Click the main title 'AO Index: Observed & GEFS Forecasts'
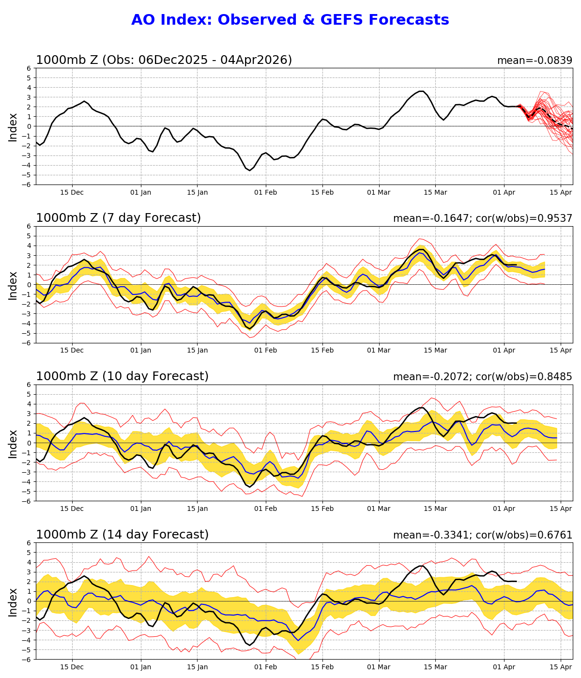(x=290, y=20)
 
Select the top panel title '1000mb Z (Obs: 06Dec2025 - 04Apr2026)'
(x=164, y=60)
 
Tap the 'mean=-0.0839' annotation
(x=535, y=61)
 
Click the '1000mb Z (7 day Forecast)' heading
(x=118, y=218)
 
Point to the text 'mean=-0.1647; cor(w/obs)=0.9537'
(x=483, y=218)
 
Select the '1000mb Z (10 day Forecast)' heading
(x=122, y=376)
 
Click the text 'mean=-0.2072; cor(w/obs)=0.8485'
(x=483, y=377)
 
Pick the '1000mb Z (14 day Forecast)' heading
(x=122, y=535)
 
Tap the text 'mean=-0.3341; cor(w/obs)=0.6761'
(x=483, y=535)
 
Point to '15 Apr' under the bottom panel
(x=561, y=667)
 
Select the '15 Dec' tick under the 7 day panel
(x=72, y=351)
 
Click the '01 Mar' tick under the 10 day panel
(x=379, y=509)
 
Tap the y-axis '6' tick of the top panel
(x=29, y=68)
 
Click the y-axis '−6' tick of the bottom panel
(x=27, y=660)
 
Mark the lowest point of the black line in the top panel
(x=250, y=170)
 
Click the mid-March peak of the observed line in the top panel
(x=421, y=91)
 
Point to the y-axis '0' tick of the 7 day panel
(x=29, y=285)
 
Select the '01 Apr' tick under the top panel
(x=504, y=192)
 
